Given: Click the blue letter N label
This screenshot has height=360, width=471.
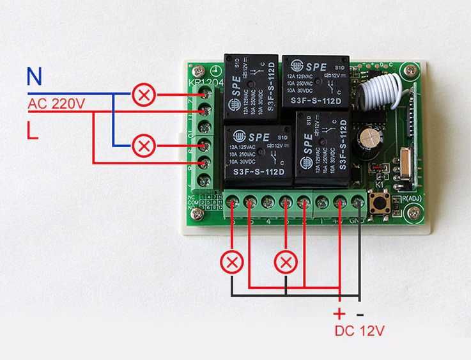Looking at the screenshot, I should pos(35,77).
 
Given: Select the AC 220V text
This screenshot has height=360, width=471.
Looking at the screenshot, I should pos(56,103).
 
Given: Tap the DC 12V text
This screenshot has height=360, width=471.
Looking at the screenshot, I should pos(359,332).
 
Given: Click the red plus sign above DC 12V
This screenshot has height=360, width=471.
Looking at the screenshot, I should pos(339,313).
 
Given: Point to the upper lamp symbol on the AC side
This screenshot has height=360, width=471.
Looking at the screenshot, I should pos(144,96).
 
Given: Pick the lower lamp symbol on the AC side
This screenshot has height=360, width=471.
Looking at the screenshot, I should pos(144,146).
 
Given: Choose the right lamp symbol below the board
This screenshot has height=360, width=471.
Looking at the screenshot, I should pos(286,262).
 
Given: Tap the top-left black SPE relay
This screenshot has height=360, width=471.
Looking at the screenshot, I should pos(252,86).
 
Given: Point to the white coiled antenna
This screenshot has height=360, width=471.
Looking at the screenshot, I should pos(378,93).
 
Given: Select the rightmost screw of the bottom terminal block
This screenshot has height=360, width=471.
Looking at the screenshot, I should pos(357,204).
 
